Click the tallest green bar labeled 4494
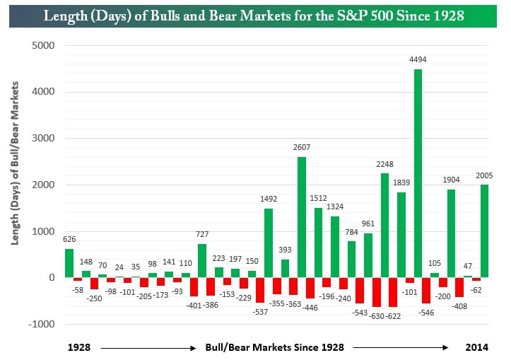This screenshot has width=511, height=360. (418, 173)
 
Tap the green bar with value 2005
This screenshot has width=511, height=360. (485, 231)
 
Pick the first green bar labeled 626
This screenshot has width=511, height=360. (69, 262)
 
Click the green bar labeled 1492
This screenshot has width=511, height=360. (269, 243)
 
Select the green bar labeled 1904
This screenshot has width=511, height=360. (451, 233)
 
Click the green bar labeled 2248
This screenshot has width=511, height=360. (384, 225)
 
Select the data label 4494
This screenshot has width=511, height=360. (418, 60)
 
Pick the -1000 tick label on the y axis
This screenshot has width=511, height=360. (42, 324)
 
